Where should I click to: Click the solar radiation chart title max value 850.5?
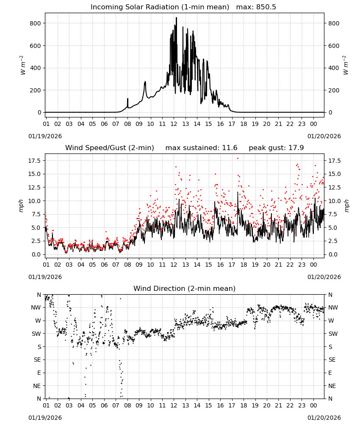[266, 7]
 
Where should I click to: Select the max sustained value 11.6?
[230, 148]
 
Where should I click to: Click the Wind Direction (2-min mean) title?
[185, 288]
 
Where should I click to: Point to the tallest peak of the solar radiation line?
[176, 18]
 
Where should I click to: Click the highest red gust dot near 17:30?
[238, 159]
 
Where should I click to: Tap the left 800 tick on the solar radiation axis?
[36, 23]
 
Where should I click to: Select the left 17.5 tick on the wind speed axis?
[34, 161]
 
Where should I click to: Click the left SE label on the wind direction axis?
[38, 360]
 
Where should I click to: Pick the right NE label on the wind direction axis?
[332, 386]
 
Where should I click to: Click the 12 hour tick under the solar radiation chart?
[174, 124]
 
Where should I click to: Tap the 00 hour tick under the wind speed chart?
[313, 265]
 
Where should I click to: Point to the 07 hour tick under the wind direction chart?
[116, 405]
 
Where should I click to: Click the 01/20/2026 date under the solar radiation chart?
[324, 136]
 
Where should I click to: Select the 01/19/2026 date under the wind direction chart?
[45, 418]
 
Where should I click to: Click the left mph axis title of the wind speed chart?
[21, 206]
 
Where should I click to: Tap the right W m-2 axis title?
[346, 65]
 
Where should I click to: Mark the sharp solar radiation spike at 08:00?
[128, 99]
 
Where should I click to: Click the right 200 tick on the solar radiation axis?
[334, 90]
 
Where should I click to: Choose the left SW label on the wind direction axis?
[36, 334]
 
